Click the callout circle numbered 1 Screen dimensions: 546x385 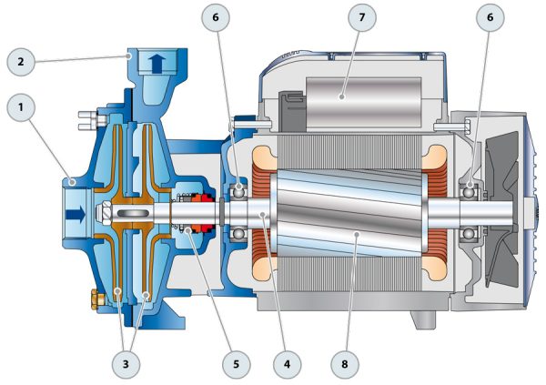pyautogui.click(x=21, y=107)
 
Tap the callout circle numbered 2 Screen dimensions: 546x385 pyautogui.click(x=21, y=62)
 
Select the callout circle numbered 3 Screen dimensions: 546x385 pyautogui.click(x=126, y=364)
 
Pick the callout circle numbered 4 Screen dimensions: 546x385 pyautogui.click(x=287, y=364)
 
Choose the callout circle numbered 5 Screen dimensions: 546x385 pyautogui.click(x=236, y=364)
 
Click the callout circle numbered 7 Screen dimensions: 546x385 pyautogui.click(x=362, y=17)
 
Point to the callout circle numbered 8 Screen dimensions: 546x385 pyautogui.click(x=344, y=364)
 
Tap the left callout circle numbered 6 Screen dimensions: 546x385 pyautogui.click(x=216, y=17)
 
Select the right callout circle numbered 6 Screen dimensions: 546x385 pyautogui.click(x=490, y=17)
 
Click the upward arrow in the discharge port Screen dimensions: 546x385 pyautogui.click(x=157, y=64)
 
